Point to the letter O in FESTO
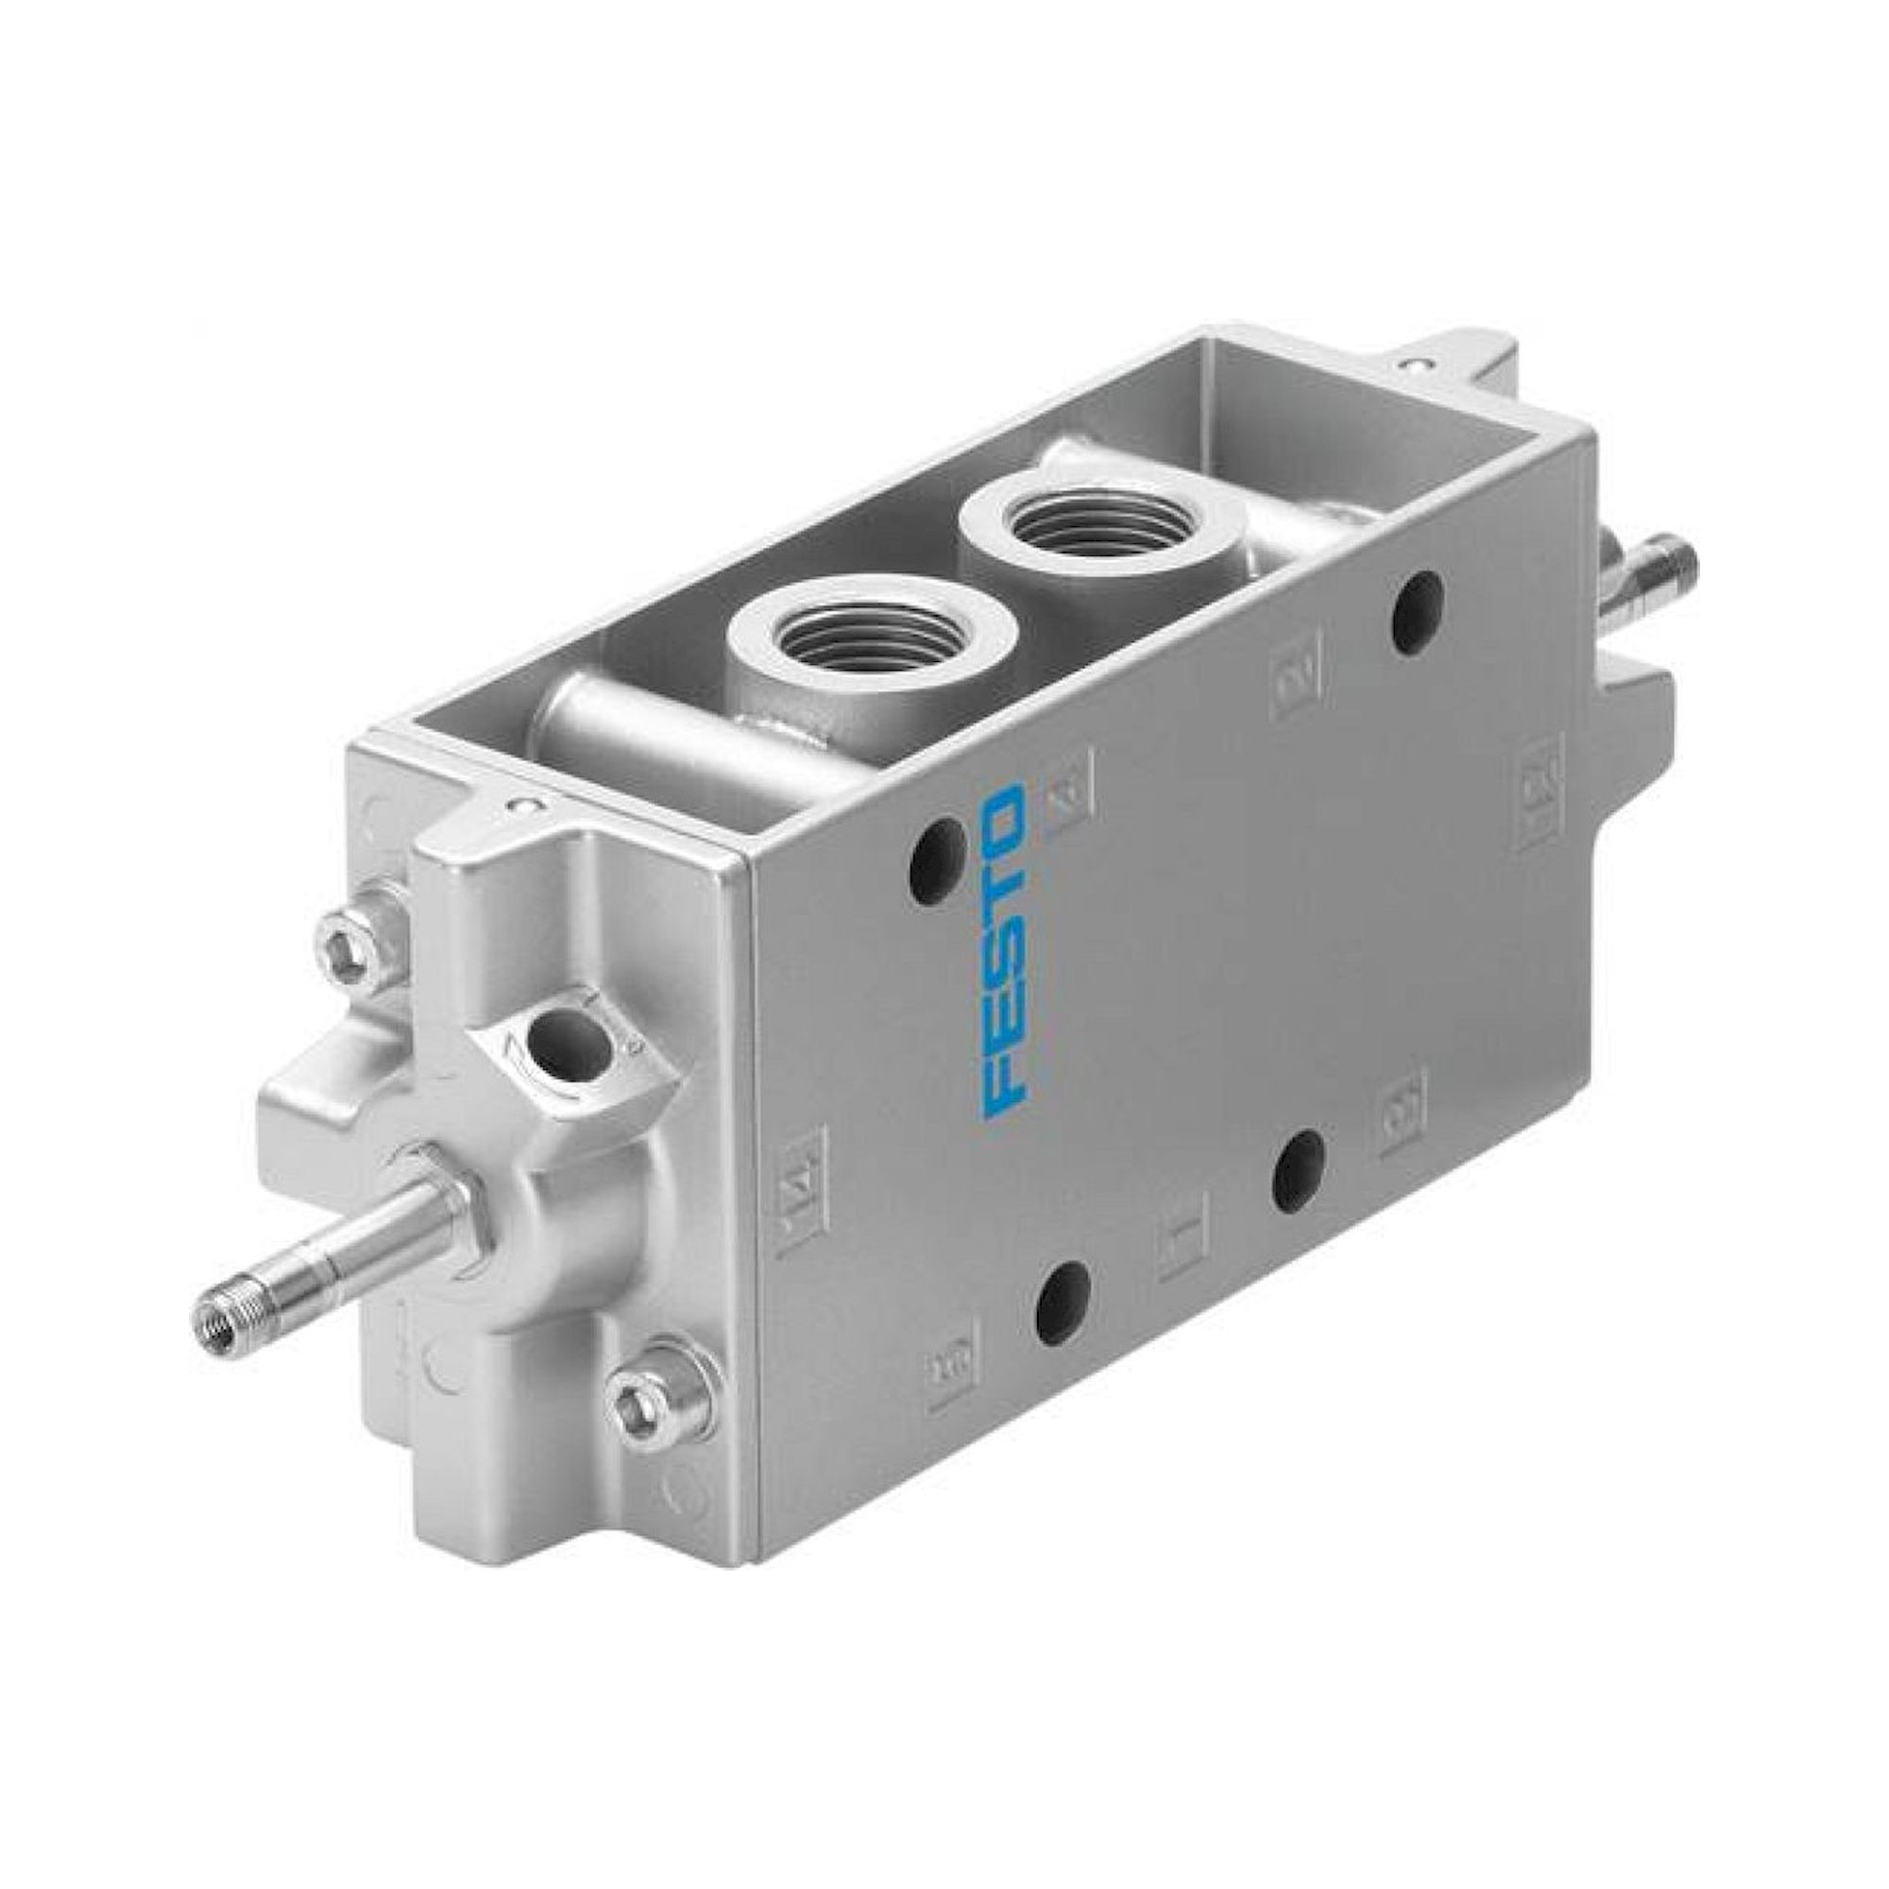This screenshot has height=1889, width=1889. coord(1004,813)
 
